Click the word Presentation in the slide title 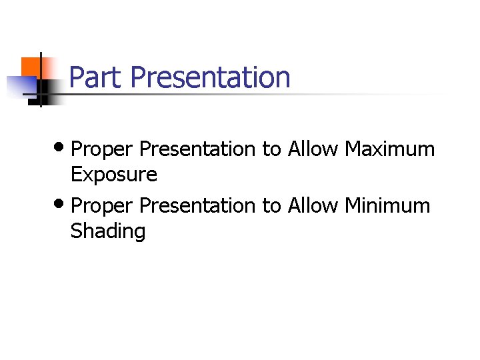coord(210,77)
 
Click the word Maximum coord(389,149)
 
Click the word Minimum coord(387,205)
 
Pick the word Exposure coord(114,175)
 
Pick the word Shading coord(108,231)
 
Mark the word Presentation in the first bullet coord(197,149)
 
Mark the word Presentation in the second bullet coord(197,205)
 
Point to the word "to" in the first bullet coord(271,149)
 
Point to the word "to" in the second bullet coord(271,206)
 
